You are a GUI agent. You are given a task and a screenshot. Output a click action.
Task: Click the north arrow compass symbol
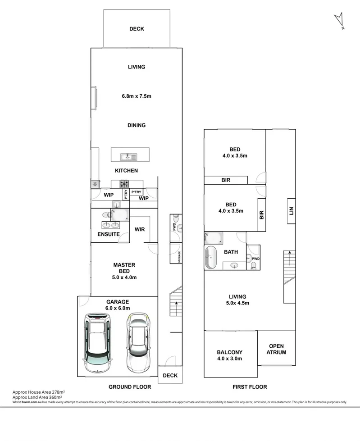[339, 21]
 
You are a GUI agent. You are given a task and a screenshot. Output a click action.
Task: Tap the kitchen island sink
[128, 157]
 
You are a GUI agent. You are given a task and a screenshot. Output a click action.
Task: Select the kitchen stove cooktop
[124, 183]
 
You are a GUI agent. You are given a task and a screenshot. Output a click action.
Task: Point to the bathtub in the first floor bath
[211, 258]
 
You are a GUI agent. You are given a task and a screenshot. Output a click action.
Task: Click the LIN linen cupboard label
[291, 211]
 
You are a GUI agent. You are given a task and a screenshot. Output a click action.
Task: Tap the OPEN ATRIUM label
[277, 349]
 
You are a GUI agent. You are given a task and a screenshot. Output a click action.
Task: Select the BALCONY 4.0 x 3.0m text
[230, 355]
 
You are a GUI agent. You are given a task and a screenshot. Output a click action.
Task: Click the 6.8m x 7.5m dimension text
[136, 96]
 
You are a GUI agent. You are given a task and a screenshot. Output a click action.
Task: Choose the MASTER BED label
[124, 268]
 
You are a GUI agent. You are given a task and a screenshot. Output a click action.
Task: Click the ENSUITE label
[109, 234]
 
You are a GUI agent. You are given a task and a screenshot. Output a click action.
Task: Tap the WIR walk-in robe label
[139, 229]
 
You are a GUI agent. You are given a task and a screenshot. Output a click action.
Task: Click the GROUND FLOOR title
[130, 386]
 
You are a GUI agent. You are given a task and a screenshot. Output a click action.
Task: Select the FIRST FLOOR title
[250, 386]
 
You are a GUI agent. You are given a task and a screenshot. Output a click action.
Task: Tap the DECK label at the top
[137, 29]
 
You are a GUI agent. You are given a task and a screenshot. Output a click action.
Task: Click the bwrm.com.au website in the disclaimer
[29, 402]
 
